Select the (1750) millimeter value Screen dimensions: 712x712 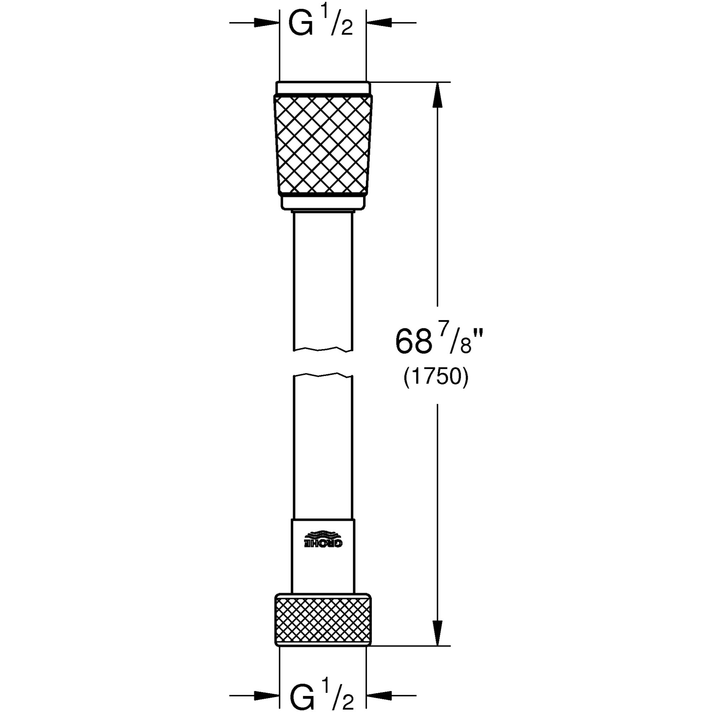point(436,378)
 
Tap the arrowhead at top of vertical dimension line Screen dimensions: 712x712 point(437,95)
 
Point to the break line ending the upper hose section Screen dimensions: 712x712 point(323,349)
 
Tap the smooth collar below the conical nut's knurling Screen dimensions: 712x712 point(323,202)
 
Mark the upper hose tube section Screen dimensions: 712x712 point(323,280)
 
